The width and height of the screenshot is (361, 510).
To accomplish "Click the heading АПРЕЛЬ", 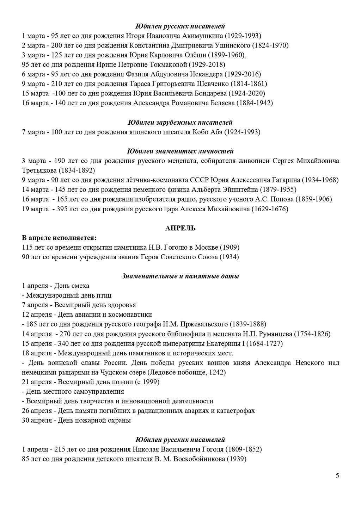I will [x=180, y=228].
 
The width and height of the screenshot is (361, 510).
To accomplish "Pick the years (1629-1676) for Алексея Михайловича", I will [x=270, y=209].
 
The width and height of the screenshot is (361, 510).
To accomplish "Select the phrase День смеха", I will [x=73, y=286].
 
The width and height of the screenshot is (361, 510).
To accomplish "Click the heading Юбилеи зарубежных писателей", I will [x=180, y=123].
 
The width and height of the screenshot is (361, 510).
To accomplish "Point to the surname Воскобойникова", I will [x=195, y=459].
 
